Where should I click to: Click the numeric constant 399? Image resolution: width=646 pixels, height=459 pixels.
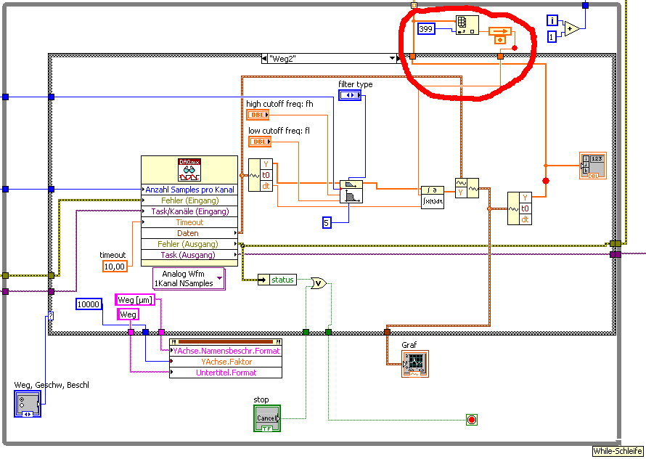[x=426, y=29]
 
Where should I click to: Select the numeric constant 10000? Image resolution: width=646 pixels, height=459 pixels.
[x=89, y=304]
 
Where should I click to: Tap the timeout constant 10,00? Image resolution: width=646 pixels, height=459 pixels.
[x=115, y=267]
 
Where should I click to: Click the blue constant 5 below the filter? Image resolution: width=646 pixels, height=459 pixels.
[x=327, y=222]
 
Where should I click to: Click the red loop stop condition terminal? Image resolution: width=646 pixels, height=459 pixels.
[x=472, y=419]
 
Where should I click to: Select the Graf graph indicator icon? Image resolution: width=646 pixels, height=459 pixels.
[x=414, y=363]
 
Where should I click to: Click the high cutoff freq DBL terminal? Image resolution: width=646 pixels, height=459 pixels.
[x=258, y=115]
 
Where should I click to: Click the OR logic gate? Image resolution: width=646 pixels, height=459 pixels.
[x=318, y=283]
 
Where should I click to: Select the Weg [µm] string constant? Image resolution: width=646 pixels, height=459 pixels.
[x=135, y=300]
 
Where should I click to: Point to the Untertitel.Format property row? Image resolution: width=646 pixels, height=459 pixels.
[x=225, y=373]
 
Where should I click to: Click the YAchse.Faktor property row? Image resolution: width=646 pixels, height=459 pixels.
[x=225, y=362]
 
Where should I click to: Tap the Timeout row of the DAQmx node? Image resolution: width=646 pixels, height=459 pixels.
[x=189, y=222]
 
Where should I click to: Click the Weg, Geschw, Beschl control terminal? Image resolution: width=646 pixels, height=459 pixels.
[x=28, y=403]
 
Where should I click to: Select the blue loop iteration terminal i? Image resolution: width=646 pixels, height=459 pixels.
[x=552, y=20]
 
